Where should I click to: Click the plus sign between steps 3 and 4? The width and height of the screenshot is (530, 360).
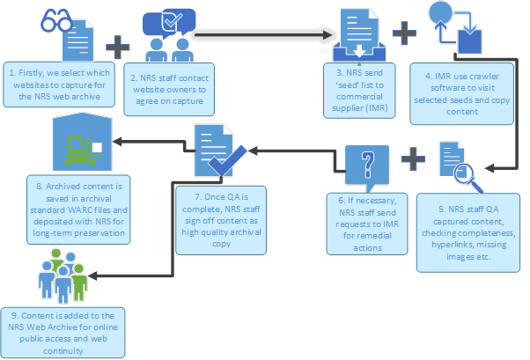tap(404, 33)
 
